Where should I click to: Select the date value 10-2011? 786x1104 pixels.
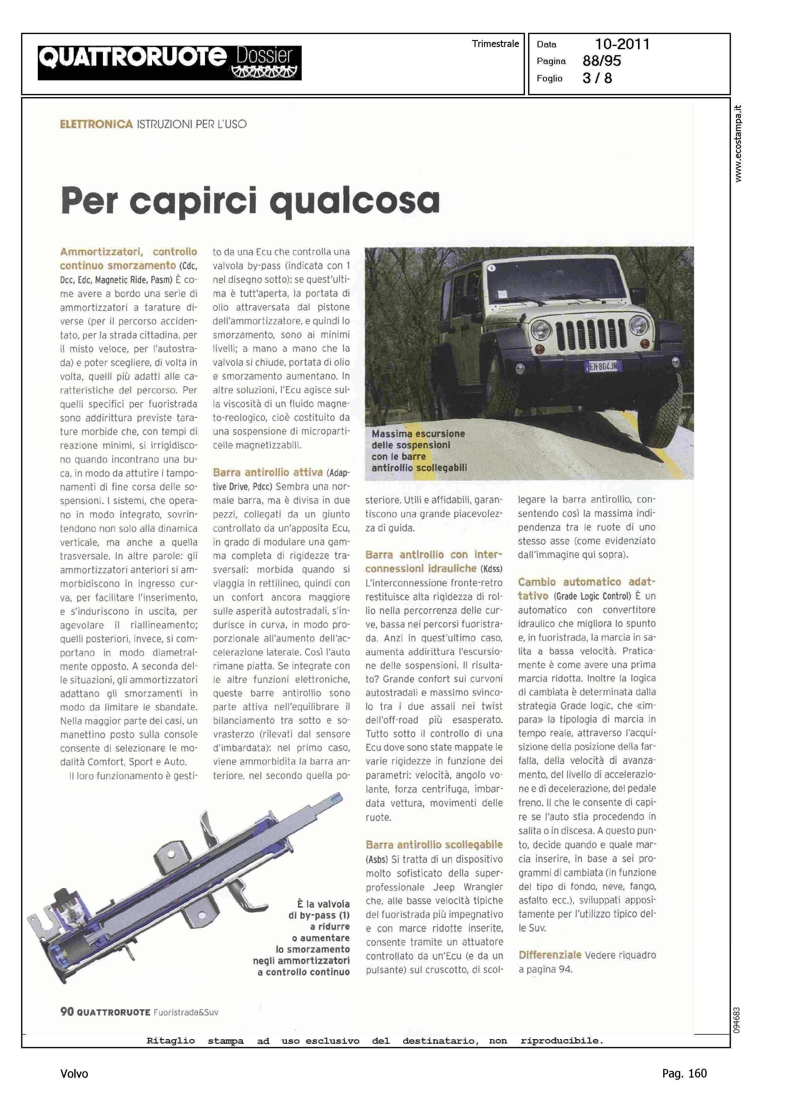click(622, 44)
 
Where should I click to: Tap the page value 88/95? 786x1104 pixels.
click(601, 61)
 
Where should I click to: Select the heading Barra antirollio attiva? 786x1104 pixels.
click(268, 472)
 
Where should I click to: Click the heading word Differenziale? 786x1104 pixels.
click(550, 955)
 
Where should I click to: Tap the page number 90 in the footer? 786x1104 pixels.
click(67, 1012)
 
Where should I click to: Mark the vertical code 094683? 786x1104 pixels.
click(737, 1021)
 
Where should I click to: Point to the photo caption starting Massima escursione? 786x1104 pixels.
click(419, 450)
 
